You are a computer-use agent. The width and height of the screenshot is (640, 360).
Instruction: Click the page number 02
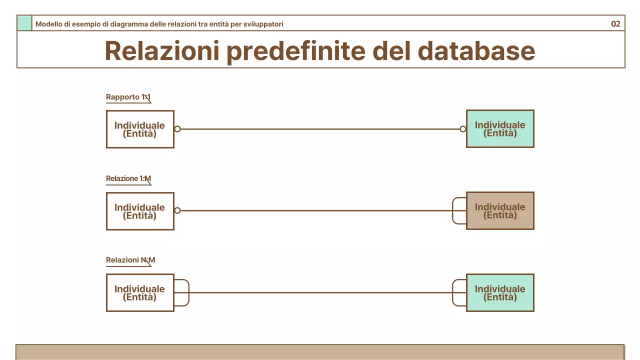tap(615, 24)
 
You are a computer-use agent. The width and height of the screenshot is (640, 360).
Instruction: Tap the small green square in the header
tap(24, 23)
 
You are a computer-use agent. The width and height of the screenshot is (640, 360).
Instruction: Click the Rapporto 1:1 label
tap(128, 97)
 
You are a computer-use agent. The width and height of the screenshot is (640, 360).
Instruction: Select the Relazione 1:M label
tap(128, 178)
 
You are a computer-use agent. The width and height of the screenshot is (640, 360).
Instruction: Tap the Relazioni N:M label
tap(130, 260)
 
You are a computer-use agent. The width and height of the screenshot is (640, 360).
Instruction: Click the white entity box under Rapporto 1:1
tap(140, 129)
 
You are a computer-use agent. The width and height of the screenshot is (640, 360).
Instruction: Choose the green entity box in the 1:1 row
tap(500, 128)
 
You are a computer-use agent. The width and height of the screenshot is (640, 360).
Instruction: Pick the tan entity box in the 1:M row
tap(500, 210)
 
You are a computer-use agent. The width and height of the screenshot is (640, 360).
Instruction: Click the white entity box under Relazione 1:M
tap(140, 211)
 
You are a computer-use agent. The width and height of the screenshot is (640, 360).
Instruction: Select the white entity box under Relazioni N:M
tap(140, 292)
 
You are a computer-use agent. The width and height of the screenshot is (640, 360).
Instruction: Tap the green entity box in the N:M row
tap(500, 292)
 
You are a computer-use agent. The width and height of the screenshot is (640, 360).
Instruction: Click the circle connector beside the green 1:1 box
tap(463, 129)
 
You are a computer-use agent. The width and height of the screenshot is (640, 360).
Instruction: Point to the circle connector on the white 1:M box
tap(177, 210)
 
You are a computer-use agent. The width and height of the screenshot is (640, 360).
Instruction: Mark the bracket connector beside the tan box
tap(458, 210)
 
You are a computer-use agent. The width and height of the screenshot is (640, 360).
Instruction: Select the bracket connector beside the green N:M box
tap(458, 292)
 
